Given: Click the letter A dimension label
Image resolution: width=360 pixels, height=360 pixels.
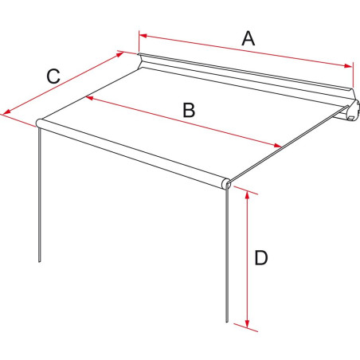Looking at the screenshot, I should click(248, 37).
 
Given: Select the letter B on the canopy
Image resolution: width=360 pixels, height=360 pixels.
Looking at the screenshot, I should click(188, 111).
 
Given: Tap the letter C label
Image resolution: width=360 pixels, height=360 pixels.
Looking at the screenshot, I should click(53, 76).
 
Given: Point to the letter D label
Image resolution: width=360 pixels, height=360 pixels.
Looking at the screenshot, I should click(260, 257).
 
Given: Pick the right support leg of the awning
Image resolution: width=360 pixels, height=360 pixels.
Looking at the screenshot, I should click(229, 255).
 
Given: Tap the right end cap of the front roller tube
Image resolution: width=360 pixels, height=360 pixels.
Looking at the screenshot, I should click(227, 185).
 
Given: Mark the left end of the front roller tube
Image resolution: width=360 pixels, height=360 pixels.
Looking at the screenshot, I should click(39, 123).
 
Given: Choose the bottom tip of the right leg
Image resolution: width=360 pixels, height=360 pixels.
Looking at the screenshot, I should click(229, 322).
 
